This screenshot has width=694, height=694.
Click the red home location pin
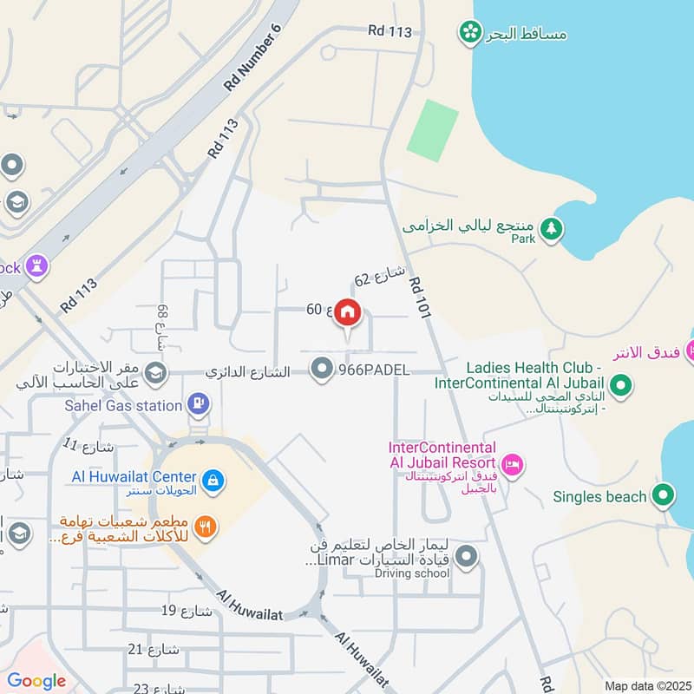tap(347, 313)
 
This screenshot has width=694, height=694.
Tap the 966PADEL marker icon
tap(323, 370)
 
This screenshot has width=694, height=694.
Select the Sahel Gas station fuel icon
tap(199, 404)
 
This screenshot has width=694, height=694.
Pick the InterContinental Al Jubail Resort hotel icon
tap(513, 466)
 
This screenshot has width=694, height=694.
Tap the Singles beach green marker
tap(664, 496)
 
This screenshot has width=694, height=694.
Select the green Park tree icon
tap(552, 229)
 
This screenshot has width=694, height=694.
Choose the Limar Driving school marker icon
tap(467, 556)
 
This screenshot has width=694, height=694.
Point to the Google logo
tap(36, 681)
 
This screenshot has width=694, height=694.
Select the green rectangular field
tap(432, 130)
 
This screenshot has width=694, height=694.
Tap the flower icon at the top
tap(469, 33)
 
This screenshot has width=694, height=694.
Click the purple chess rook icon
tap(37, 265)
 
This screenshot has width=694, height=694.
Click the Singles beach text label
tap(600, 497)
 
